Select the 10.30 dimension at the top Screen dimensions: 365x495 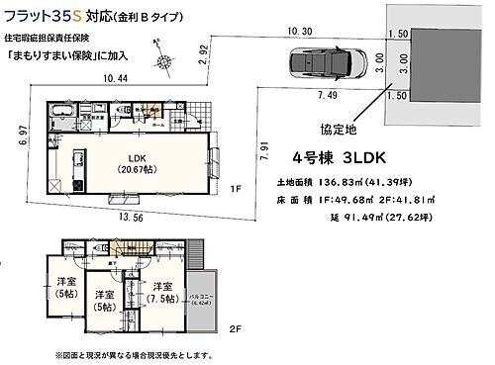tap(299, 32)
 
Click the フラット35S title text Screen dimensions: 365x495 tap(40, 15)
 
